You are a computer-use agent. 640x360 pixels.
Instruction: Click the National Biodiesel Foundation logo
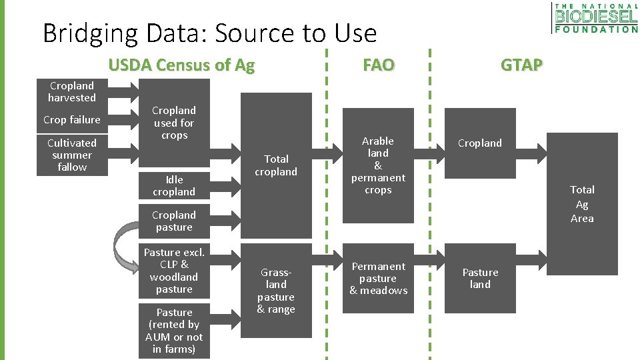pyautogui.click(x=595, y=18)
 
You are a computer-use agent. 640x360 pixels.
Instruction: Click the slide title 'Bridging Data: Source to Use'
pyautogui.click(x=209, y=33)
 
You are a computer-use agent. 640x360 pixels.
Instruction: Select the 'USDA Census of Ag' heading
pyautogui.click(x=181, y=65)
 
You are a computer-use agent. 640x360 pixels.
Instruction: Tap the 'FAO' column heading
pyautogui.click(x=378, y=65)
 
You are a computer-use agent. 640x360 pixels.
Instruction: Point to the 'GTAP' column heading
pyautogui.click(x=521, y=65)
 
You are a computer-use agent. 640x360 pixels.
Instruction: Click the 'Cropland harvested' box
pyautogui.click(x=72, y=92)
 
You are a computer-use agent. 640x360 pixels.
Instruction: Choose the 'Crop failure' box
pyautogui.click(x=72, y=120)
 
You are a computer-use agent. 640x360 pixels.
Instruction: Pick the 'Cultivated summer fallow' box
pyautogui.click(x=72, y=155)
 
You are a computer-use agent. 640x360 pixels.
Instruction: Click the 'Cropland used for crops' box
pyautogui.click(x=174, y=123)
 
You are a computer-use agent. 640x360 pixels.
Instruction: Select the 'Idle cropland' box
pyautogui.click(x=174, y=185)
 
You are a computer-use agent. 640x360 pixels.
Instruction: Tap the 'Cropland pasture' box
pyautogui.click(x=174, y=221)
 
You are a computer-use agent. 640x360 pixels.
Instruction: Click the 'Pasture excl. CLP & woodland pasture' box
pyautogui.click(x=174, y=271)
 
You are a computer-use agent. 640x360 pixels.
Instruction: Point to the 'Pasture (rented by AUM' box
pyautogui.click(x=174, y=331)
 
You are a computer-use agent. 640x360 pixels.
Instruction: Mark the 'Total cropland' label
pyautogui.click(x=276, y=165)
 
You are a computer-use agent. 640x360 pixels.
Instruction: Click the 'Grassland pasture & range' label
pyautogui.click(x=276, y=291)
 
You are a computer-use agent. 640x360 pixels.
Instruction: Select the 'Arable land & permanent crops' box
pyautogui.click(x=378, y=165)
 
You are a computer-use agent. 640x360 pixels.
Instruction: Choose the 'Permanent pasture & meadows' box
pyautogui.click(x=378, y=278)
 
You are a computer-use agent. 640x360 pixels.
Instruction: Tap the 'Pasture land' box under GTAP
pyautogui.click(x=480, y=278)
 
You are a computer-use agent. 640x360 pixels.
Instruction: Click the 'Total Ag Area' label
pyautogui.click(x=582, y=204)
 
